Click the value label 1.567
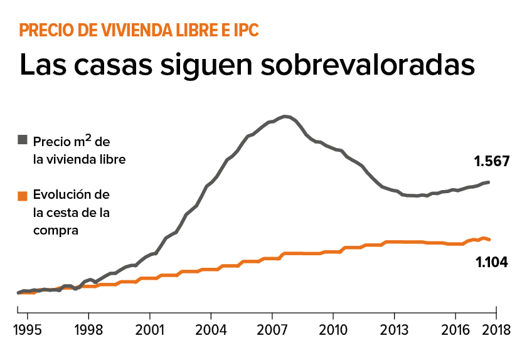click(x=491, y=161)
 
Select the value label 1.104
click(x=492, y=262)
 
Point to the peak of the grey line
click(x=285, y=116)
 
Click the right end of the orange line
click(x=489, y=240)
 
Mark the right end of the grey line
click(x=489, y=182)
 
